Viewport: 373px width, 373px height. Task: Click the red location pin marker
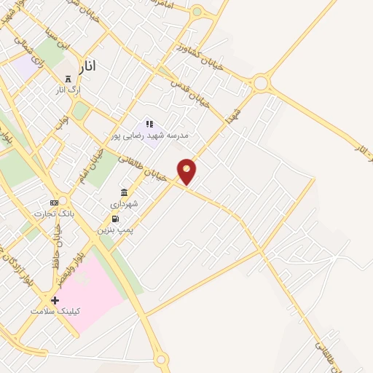pyautogui.click(x=187, y=170)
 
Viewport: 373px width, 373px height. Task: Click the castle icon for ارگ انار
pyautogui.click(x=68, y=79)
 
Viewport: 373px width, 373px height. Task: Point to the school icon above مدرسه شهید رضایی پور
pyautogui.click(x=149, y=125)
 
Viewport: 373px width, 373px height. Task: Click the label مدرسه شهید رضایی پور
pyautogui.click(x=149, y=136)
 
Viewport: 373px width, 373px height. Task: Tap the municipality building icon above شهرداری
pyautogui.click(x=124, y=192)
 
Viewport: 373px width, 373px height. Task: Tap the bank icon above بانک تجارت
pyautogui.click(x=53, y=202)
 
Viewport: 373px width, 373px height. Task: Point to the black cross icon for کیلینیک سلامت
pyautogui.click(x=55, y=299)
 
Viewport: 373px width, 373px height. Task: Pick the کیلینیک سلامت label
pyautogui.click(x=55, y=311)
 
